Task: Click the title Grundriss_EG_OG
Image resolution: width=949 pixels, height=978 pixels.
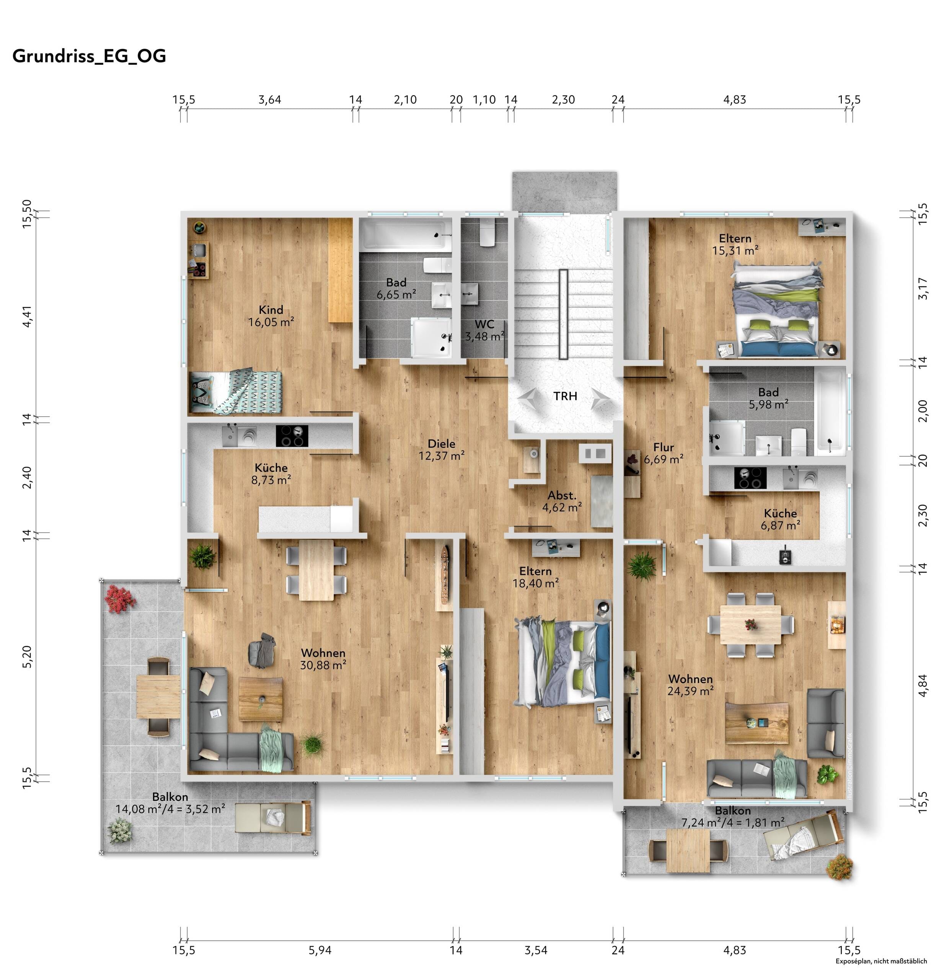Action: (89, 56)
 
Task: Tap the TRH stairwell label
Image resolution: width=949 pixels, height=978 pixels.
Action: (565, 396)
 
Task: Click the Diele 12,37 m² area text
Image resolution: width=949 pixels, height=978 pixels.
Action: (442, 449)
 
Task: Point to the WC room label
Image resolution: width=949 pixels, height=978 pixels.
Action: (484, 324)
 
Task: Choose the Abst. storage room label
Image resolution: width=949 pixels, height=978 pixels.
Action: (562, 495)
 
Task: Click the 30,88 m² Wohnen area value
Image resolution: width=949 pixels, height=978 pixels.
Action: (323, 665)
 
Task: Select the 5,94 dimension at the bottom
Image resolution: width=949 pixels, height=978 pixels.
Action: (320, 950)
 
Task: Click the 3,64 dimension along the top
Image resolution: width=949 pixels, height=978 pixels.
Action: (269, 100)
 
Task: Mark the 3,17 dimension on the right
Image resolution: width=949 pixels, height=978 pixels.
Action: (923, 288)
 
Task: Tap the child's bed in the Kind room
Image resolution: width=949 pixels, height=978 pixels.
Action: (235, 391)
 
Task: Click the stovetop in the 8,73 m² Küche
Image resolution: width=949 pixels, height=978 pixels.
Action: (292, 436)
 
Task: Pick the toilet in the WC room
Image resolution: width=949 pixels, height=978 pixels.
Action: (487, 233)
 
